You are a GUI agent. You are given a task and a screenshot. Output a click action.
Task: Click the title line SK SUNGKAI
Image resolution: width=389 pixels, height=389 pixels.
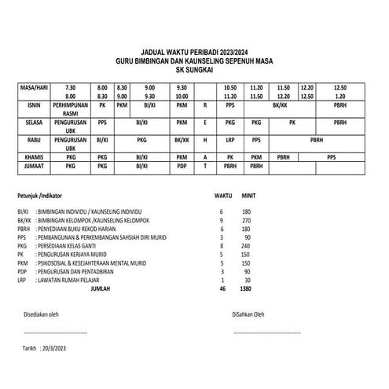[199, 69]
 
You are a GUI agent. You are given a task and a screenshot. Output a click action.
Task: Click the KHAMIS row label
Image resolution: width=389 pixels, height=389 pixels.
[34, 156]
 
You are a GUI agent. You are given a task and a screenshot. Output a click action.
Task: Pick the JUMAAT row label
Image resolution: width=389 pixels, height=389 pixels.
[34, 166]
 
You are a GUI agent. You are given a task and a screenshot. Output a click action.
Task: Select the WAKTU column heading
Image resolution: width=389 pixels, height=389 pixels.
[224, 194]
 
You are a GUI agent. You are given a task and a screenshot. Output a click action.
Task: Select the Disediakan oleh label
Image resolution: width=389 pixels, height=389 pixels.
[42, 316]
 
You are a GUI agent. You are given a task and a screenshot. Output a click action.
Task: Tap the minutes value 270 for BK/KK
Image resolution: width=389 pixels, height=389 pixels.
[245, 222]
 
